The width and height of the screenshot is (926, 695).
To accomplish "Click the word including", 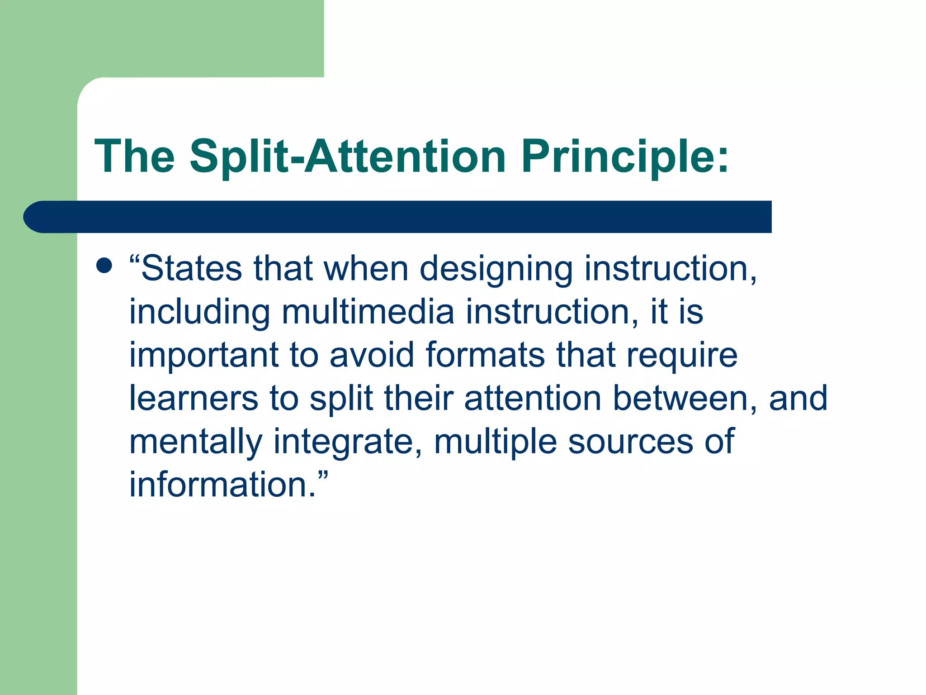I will click(x=199, y=312).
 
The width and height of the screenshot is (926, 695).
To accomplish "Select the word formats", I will click(x=485, y=355).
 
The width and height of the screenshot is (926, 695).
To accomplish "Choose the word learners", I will click(x=194, y=398).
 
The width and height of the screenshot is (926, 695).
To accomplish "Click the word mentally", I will click(x=195, y=441).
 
